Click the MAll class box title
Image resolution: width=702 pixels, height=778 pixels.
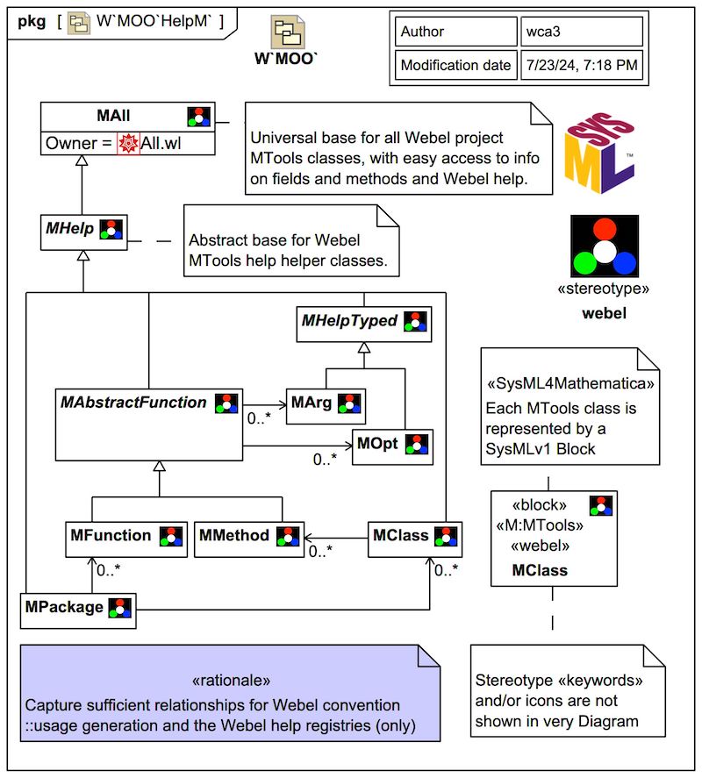pyautogui.click(x=114, y=116)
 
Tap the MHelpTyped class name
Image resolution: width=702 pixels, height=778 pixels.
pyautogui.click(x=350, y=321)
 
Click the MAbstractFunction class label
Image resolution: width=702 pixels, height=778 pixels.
pyautogui.click(x=133, y=403)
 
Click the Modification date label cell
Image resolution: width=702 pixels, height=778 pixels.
pyautogui.click(x=455, y=65)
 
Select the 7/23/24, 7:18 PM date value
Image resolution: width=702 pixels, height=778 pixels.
pyautogui.click(x=580, y=65)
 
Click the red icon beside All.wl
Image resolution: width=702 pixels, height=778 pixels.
pyautogui.click(x=128, y=142)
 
